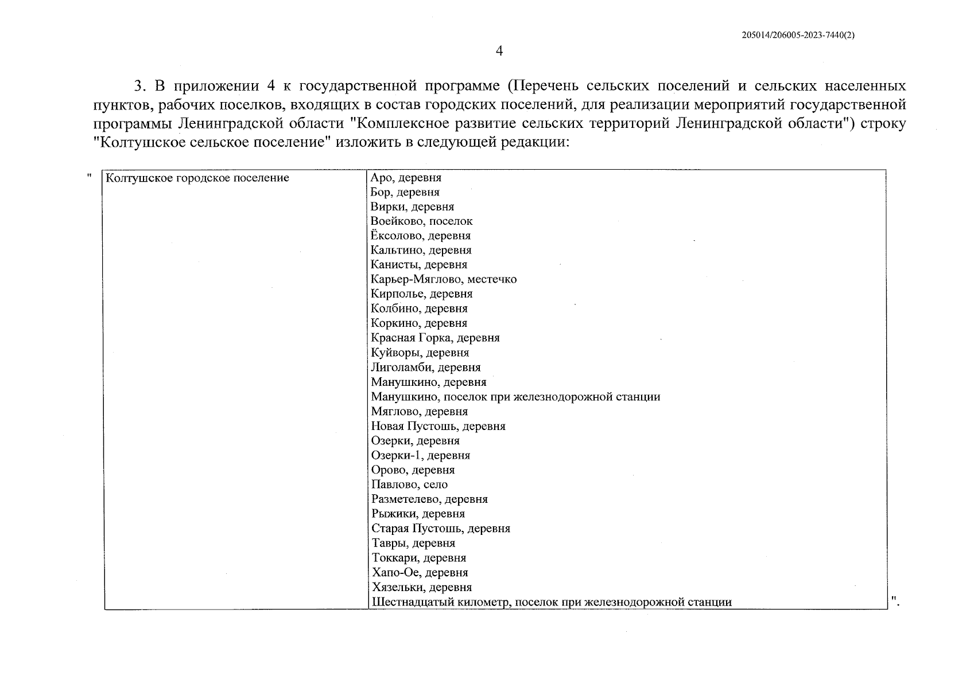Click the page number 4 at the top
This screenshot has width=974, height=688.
coord(499,52)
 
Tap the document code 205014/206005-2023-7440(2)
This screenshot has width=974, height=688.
coord(798,35)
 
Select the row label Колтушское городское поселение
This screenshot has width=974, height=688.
coord(197,178)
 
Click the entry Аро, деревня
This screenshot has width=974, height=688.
coord(406,178)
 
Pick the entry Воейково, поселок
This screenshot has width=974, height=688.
coord(422,221)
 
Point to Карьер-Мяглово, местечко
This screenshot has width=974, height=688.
coord(444,280)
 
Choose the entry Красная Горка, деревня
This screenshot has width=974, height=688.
coord(435,338)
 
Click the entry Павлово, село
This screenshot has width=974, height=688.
coord(409,484)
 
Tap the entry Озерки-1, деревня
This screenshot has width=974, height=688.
coord(421,455)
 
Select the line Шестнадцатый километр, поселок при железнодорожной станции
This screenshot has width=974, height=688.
coord(552,602)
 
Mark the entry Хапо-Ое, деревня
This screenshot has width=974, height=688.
coord(420,573)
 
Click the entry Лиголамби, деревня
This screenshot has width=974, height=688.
coord(426,368)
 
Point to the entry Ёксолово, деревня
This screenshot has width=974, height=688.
coord(421,236)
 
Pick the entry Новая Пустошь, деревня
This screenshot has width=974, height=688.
coord(439,426)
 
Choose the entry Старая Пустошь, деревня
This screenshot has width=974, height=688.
coord(441,529)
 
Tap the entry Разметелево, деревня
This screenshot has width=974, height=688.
coord(429,499)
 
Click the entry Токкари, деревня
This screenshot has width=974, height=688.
coord(419,558)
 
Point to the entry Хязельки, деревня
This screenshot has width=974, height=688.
coord(422,587)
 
